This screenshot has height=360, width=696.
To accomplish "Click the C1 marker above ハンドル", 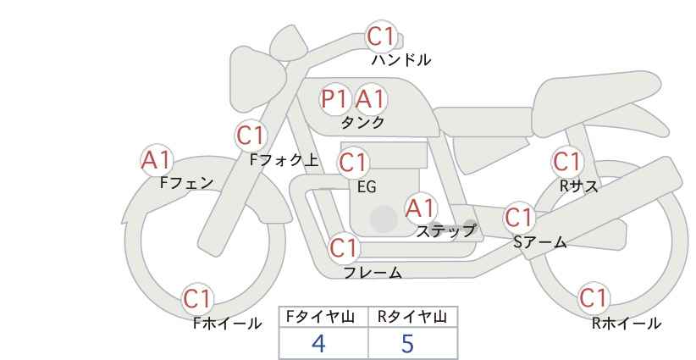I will [380, 36].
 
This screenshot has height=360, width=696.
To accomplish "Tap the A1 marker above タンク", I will [369, 99].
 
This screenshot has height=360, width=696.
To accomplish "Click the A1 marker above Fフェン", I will [156, 158].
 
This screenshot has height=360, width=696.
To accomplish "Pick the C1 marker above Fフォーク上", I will [251, 135].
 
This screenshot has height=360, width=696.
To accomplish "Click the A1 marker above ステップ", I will [420, 207].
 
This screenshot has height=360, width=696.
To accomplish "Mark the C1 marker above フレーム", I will [345, 248].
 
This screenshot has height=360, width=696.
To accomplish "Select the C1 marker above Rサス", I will [566, 161].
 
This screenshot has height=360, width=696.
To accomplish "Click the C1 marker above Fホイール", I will [198, 298].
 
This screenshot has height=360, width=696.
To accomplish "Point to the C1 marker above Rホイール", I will [593, 298].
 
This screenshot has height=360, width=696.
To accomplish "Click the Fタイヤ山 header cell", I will [323, 317].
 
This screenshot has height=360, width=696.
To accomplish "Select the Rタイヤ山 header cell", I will [412, 317].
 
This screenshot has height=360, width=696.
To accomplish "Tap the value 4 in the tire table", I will [318, 343].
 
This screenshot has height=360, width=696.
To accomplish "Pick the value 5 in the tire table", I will [407, 343].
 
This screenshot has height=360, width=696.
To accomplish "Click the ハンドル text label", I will [401, 60].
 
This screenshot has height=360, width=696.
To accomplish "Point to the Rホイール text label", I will [627, 323].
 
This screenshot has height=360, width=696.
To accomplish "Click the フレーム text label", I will [373, 273].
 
